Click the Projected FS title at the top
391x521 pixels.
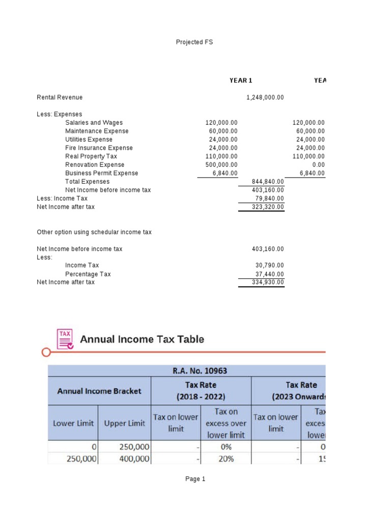tap(194, 42)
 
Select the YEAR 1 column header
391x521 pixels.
tap(241, 80)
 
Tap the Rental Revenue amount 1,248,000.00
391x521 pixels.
tap(265, 97)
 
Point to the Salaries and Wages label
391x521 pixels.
tap(94, 123)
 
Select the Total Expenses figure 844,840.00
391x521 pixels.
tap(268, 182)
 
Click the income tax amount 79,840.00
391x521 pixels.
tap(269, 198)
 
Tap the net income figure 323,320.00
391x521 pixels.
tap(268, 207)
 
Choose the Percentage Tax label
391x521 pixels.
tap(88, 274)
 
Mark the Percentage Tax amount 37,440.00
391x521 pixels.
tap(269, 274)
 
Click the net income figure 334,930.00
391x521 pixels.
tap(268, 282)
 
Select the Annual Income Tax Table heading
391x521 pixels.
tap(143, 339)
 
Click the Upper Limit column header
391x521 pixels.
tap(124, 423)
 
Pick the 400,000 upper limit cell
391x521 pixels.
tap(134, 458)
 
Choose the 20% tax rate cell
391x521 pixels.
tap(226, 458)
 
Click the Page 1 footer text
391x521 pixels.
tap(195, 479)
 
